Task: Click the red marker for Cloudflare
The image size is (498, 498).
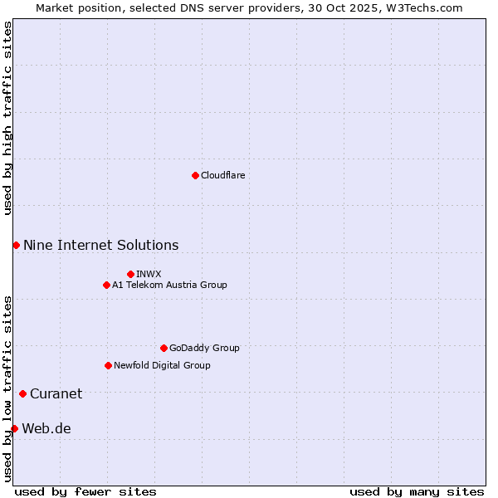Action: click(195, 175)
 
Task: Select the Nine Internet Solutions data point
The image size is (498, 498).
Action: click(16, 245)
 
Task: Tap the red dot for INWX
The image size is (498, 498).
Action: click(130, 274)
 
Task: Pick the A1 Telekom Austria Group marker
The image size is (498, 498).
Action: click(106, 285)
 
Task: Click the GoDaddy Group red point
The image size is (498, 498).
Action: click(164, 348)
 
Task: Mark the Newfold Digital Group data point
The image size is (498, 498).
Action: click(108, 365)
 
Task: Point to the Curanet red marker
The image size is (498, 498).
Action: click(22, 393)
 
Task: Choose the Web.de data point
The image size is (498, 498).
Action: click(14, 428)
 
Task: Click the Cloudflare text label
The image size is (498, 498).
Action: click(223, 175)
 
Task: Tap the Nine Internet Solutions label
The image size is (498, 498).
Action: click(100, 245)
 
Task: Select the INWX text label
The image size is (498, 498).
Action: click(149, 274)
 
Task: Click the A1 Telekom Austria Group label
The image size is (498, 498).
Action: click(169, 285)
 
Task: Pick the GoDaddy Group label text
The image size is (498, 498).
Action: click(204, 348)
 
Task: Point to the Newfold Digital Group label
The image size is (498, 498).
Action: click(162, 365)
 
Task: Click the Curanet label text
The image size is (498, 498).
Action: click(56, 393)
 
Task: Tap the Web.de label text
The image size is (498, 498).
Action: click(46, 428)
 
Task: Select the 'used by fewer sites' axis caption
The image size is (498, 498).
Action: click(85, 491)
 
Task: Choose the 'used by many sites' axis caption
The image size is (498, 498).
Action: click(417, 491)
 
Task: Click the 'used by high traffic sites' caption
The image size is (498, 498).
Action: click(7, 118)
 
